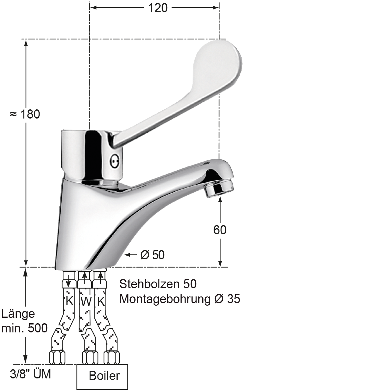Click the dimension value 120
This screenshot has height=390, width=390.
pyautogui.click(x=158, y=8)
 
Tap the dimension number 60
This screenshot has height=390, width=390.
pyautogui.click(x=220, y=230)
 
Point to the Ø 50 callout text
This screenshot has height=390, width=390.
pyautogui.click(x=152, y=255)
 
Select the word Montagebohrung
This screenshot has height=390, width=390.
pyautogui.click(x=165, y=299)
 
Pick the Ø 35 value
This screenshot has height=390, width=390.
pyautogui.click(x=227, y=299)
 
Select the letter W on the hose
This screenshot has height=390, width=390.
pyautogui.click(x=86, y=302)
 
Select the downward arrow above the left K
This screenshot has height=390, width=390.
pyautogui.click(x=69, y=280)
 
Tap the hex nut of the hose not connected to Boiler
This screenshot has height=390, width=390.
pyautogui.click(x=57, y=357)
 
